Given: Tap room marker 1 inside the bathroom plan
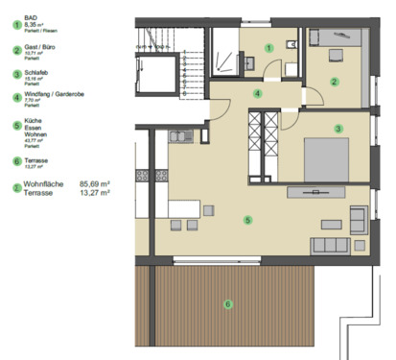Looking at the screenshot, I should pyautogui.click(x=269, y=46).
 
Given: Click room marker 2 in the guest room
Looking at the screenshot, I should pyautogui.click(x=334, y=82).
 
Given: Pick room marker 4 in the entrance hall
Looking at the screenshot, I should pyautogui.click(x=257, y=93).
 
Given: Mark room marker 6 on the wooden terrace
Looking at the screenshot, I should pyautogui.click(x=227, y=305).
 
